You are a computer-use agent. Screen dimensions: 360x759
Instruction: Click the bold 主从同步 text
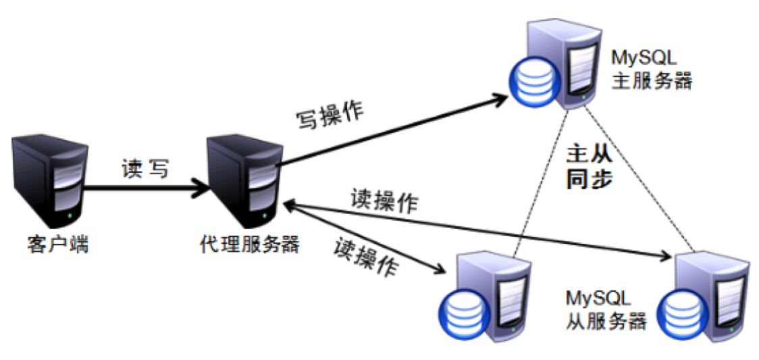click(x=590, y=168)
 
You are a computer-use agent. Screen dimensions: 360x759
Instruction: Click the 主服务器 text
click(x=652, y=80)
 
